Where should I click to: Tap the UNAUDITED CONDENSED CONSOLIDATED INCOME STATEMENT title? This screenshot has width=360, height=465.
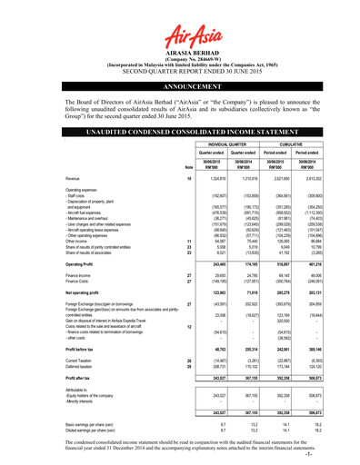(179, 132)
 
